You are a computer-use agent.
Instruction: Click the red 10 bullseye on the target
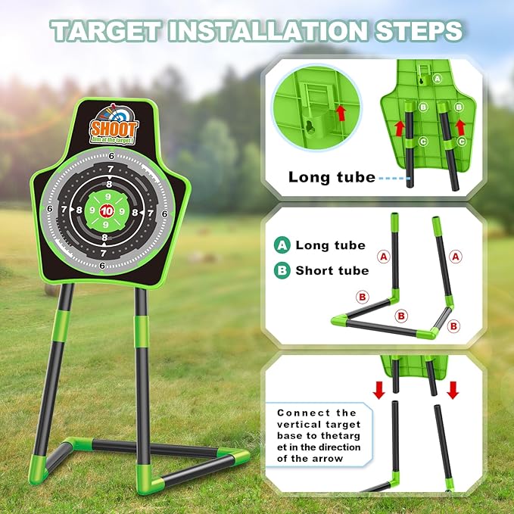pos(107,210)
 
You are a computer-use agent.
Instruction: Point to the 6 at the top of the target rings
pos(112,156)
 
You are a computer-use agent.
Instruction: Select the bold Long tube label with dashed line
pos(332,178)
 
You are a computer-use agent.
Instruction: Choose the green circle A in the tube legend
pos(283,245)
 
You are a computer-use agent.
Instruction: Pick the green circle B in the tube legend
pos(283,270)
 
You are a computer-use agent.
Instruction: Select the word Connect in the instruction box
pos(299,413)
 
